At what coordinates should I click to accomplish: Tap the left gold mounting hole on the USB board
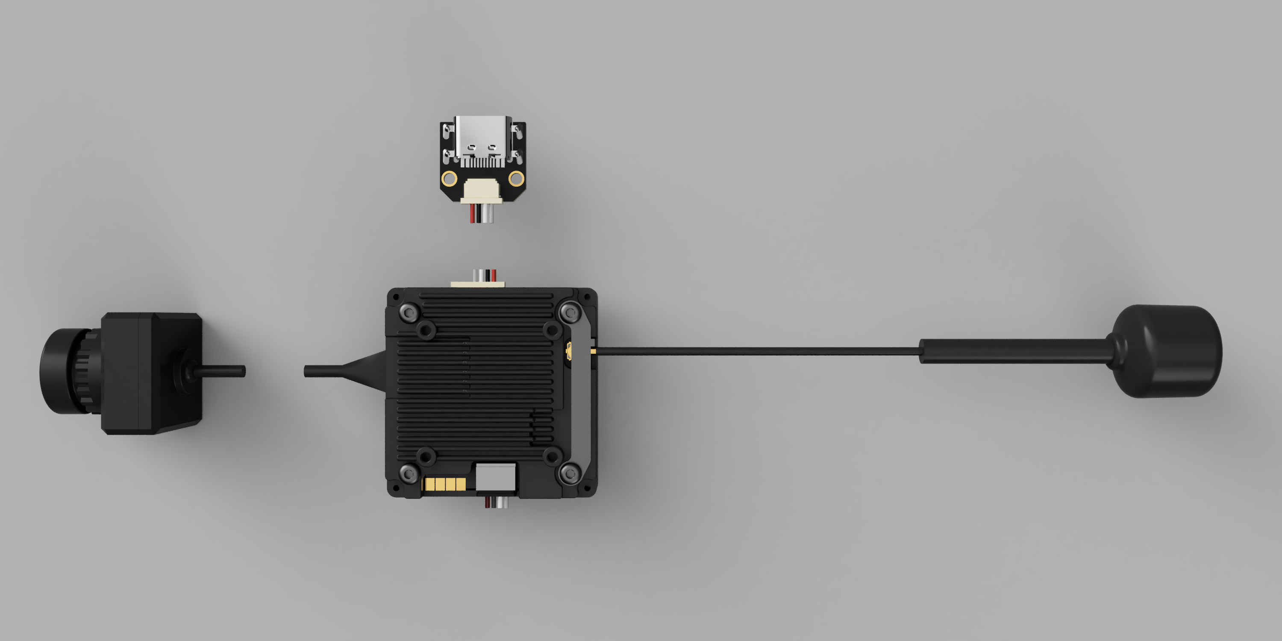click(x=450, y=178)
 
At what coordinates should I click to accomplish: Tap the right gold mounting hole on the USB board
click(x=516, y=178)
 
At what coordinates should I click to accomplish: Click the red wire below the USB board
click(x=472, y=214)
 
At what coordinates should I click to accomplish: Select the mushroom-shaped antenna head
click(x=1167, y=351)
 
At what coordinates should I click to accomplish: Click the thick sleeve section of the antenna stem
click(x=1010, y=351)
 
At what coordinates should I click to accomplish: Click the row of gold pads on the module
click(x=444, y=484)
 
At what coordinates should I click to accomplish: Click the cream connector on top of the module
click(x=478, y=284)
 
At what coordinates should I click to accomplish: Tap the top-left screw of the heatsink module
click(x=409, y=312)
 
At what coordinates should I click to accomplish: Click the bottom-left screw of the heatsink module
click(x=409, y=473)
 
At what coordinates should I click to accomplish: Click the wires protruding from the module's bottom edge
click(x=497, y=503)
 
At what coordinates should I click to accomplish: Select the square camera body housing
click(x=149, y=373)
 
